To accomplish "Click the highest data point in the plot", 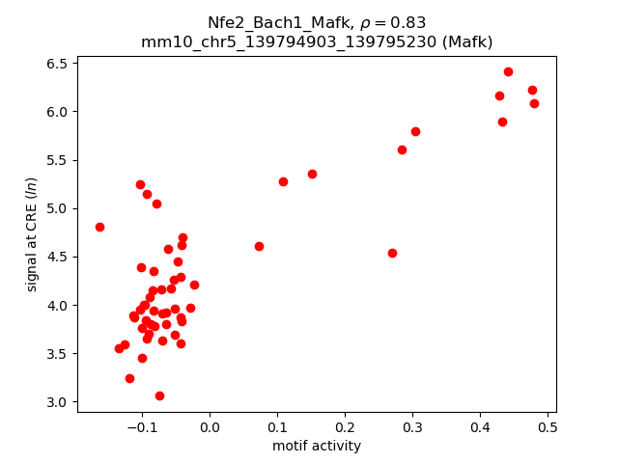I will point(508,71).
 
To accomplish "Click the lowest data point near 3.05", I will point(159,395).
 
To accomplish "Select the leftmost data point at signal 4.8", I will point(99,227).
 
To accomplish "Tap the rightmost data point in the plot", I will point(534,103).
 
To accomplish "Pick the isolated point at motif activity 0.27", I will point(392,253).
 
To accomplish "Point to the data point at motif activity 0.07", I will point(259,246).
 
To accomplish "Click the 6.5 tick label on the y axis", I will point(55,64).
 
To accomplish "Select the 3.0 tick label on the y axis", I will point(55,402).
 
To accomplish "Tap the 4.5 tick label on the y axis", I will point(55,257).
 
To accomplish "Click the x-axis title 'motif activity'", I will point(317,446).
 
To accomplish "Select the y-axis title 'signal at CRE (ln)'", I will point(32,234).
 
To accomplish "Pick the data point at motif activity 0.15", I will point(312,174).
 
